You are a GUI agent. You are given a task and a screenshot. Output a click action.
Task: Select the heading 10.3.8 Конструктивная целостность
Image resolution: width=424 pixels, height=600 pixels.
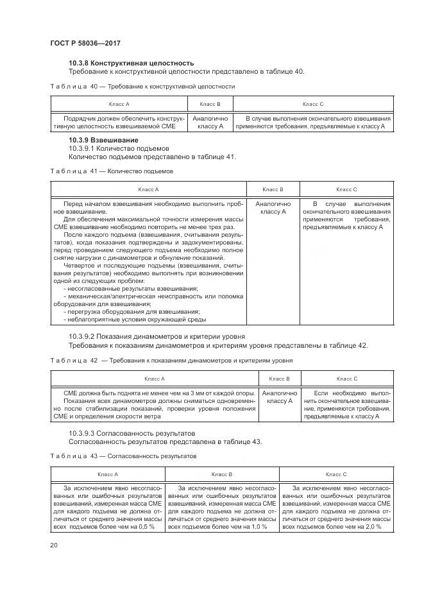131,63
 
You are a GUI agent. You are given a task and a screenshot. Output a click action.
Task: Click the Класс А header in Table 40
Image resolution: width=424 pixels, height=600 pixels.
119,104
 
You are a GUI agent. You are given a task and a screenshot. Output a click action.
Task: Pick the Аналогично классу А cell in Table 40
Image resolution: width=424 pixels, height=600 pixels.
210,123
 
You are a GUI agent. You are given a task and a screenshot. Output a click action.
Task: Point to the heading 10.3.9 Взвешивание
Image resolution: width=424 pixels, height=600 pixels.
103,140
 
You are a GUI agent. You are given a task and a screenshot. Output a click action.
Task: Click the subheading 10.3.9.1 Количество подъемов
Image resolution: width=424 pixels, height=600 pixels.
114,148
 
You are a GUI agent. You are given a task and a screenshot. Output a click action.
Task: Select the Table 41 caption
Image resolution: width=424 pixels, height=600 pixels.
112,171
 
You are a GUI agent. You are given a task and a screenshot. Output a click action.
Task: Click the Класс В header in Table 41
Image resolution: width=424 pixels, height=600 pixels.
273,189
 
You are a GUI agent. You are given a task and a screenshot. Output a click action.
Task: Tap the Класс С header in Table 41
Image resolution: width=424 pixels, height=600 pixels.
346,189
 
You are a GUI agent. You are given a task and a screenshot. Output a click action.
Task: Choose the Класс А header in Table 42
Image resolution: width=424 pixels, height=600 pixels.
155,379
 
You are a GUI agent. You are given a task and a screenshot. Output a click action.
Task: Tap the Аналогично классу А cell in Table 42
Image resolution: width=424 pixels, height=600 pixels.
280,397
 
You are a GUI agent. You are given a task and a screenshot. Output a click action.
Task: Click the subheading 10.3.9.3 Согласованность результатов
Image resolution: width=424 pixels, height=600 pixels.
131,433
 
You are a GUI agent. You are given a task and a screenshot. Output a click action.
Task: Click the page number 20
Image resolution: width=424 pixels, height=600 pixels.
53,545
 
